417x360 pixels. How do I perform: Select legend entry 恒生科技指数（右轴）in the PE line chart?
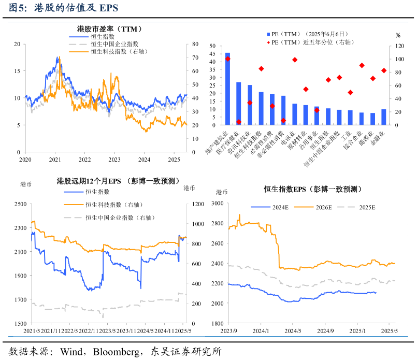tap(116, 51)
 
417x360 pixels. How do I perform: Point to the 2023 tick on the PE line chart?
tap(114, 160)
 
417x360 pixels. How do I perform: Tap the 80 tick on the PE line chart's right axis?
tap(194, 44)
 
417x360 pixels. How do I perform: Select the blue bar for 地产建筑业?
tap(227, 89)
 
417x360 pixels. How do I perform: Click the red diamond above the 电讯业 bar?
tap(295, 60)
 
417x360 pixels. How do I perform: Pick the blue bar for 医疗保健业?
tap(239, 104)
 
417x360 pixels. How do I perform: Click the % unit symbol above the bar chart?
tap(398, 36)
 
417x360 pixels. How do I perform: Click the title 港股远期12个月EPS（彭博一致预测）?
tap(118, 181)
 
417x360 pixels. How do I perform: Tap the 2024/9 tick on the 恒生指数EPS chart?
tap(325, 330)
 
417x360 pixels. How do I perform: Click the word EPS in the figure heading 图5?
tap(108, 8)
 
